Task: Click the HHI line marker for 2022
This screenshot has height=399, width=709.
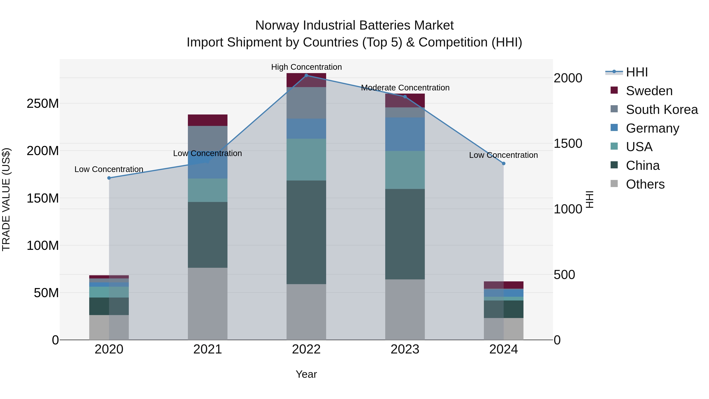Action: point(306,75)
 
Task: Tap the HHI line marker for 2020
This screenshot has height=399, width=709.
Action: point(109,178)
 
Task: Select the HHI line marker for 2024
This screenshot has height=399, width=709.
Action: point(504,163)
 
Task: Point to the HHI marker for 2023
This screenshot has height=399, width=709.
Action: point(405,97)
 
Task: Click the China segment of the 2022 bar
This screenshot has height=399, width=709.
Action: point(306,232)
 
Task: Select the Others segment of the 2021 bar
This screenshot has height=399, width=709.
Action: point(208,303)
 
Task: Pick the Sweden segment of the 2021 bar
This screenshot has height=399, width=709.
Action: point(208,120)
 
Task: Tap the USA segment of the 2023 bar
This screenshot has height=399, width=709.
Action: point(405,170)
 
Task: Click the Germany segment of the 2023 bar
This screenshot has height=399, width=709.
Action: point(405,134)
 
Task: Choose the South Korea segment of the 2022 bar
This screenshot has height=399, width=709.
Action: point(306,103)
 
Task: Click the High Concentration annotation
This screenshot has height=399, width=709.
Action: point(306,67)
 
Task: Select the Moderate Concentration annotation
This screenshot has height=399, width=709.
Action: point(405,87)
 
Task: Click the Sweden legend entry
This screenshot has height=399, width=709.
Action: point(649,91)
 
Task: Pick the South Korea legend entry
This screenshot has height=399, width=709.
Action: point(662,110)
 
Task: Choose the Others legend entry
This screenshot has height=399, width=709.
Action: point(645,184)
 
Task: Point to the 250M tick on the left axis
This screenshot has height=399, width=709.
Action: point(43,103)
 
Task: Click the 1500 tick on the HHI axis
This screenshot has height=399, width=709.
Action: point(568,143)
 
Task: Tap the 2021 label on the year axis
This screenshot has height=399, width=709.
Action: point(208,349)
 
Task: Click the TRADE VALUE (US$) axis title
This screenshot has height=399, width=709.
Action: point(6,199)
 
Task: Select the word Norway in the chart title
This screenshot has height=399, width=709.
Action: point(277,25)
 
